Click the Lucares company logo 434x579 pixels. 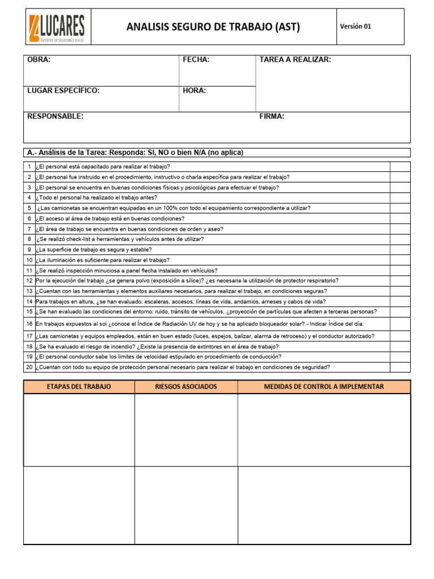[x=57, y=27]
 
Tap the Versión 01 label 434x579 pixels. [x=355, y=27]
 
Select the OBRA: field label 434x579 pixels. [x=39, y=60]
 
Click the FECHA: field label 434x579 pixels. [x=196, y=60]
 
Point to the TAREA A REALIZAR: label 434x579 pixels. [x=295, y=60]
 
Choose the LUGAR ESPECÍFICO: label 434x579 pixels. [x=63, y=90]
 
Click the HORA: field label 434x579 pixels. [x=194, y=90]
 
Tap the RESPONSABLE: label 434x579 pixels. [x=55, y=116]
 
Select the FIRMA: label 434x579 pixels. [x=272, y=116]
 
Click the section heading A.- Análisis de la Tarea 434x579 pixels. [x=135, y=153]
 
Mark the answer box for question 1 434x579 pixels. [x=400, y=166]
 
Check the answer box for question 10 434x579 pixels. [x=400, y=260]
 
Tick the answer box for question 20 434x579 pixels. [x=400, y=367]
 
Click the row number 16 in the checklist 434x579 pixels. [x=29, y=324]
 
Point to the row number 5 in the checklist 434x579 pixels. [x=29, y=208]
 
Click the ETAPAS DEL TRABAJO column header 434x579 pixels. [x=79, y=387]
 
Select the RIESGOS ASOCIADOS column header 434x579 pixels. [x=185, y=387]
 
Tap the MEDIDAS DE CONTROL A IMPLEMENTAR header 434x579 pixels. [x=324, y=387]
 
